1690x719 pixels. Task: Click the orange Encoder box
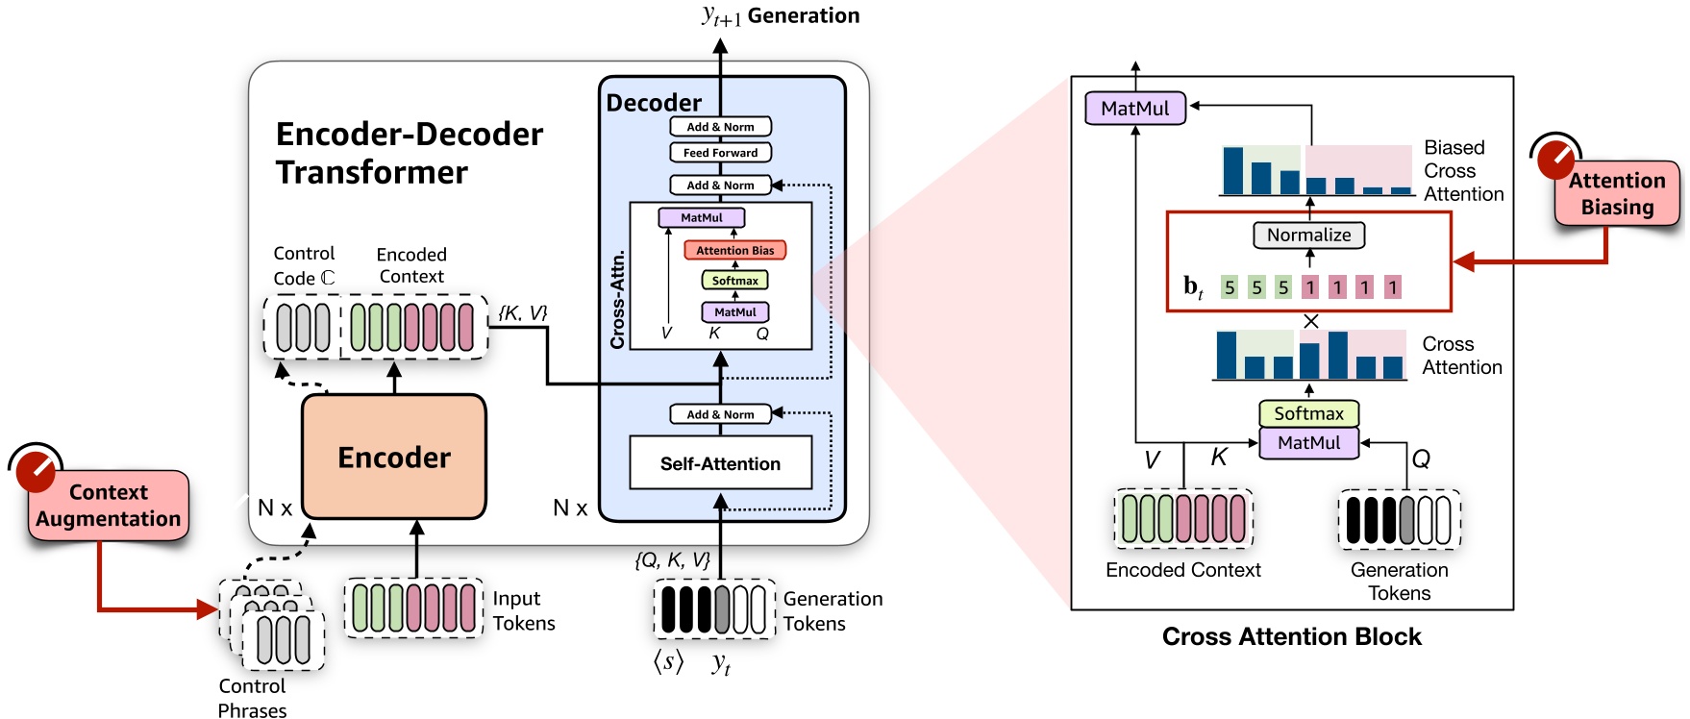393,458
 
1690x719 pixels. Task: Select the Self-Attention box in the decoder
720,463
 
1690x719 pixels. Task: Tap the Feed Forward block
720,153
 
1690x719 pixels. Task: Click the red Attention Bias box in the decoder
734,250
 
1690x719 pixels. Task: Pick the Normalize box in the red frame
1308,235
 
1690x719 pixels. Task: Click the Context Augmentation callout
108,506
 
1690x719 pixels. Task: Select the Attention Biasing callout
1617,194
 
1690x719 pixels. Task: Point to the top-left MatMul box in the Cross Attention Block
1134,109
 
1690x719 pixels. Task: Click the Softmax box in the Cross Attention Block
1308,413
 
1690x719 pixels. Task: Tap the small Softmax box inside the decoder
734,281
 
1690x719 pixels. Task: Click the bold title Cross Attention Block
1291,636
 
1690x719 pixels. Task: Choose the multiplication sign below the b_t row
1310,322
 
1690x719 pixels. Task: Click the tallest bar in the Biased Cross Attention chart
1232,171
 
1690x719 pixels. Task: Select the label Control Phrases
252,698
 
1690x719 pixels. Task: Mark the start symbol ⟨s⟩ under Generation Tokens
669,661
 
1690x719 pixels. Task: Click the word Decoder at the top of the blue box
654,103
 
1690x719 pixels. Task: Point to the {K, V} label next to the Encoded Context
522,312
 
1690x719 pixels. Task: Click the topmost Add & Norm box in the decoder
720,127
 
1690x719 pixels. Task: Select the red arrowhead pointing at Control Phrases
208,608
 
